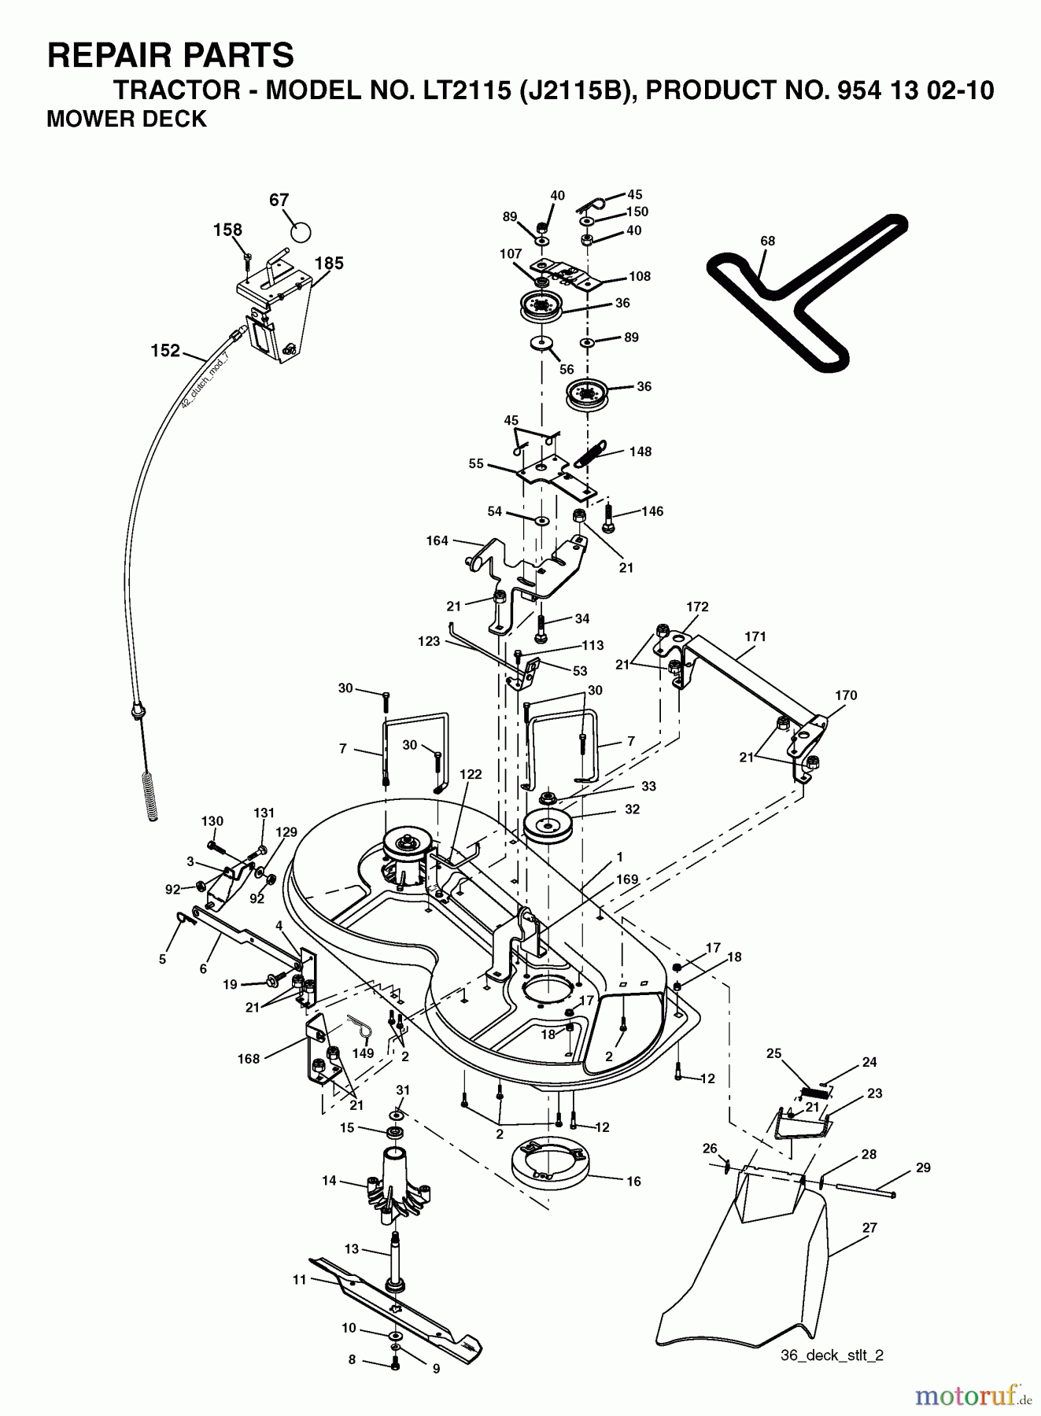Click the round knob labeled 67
[x=300, y=232]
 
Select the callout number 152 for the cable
[x=165, y=351]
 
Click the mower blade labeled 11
[x=393, y=1305]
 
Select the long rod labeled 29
[x=866, y=1190]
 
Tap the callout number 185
[x=329, y=264]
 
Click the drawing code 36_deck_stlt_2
[x=832, y=1355]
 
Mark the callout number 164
[x=437, y=540]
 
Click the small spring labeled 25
[x=811, y=1093]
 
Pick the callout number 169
[x=626, y=879]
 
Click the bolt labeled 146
[x=608, y=517]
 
